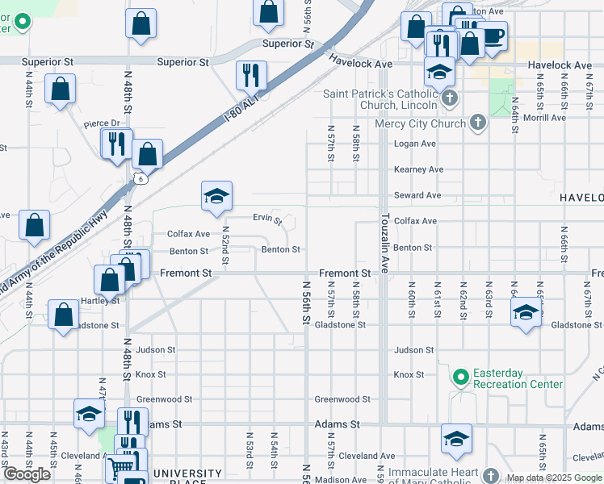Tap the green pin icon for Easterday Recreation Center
[x=460, y=377]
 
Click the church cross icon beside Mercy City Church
[x=478, y=123]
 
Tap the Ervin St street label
[x=266, y=219]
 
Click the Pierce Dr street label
[x=102, y=123]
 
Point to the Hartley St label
[x=100, y=300]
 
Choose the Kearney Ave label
[x=418, y=169]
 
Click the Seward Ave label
[x=417, y=195]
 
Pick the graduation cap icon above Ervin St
[x=216, y=196]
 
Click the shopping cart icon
[x=121, y=465]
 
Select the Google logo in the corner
[x=27, y=474]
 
